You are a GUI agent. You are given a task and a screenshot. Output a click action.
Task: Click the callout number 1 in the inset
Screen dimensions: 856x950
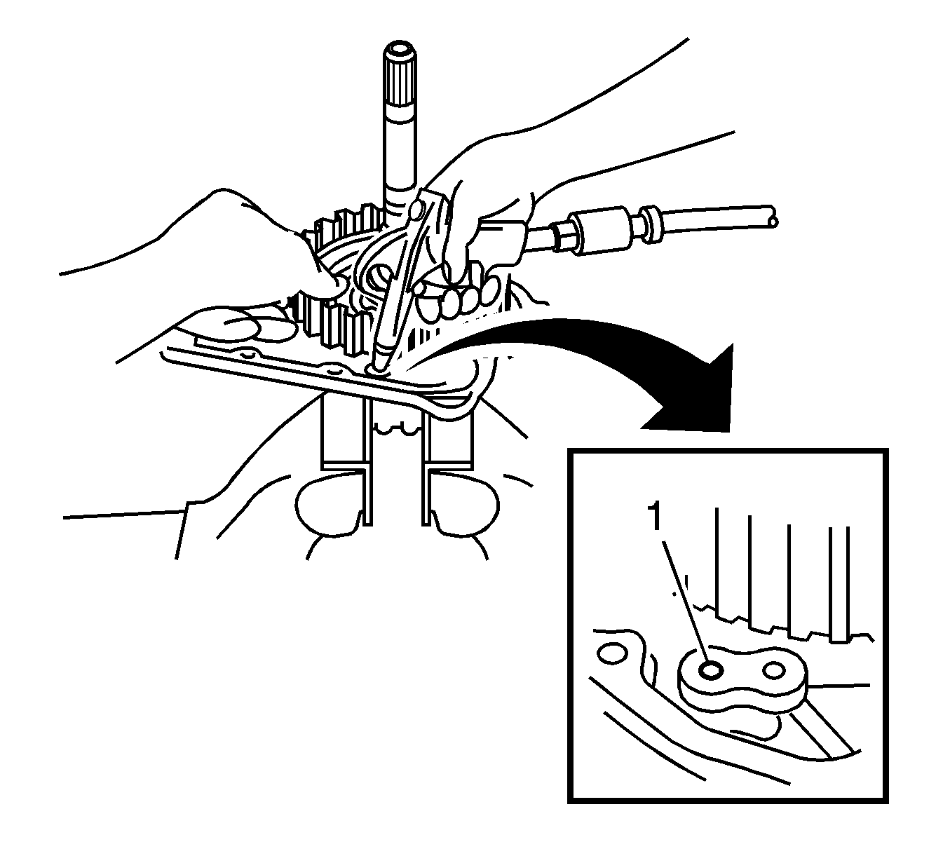point(655,518)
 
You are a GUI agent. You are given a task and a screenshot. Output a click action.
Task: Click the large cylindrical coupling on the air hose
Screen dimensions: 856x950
point(596,229)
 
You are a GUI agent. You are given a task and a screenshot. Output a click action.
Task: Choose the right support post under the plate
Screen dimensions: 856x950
point(449,442)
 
